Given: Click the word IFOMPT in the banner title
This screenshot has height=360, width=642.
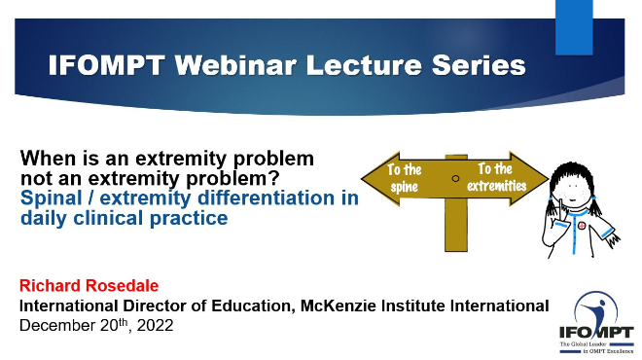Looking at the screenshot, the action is pyautogui.click(x=106, y=65).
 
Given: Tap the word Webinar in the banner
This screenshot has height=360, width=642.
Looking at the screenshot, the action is pyautogui.click(x=235, y=65).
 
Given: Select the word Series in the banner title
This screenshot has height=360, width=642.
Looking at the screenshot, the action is pyautogui.click(x=479, y=65).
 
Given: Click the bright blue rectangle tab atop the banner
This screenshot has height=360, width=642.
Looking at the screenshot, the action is pyautogui.click(x=574, y=27).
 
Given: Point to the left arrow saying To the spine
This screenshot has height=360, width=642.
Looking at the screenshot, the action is pyautogui.click(x=404, y=179).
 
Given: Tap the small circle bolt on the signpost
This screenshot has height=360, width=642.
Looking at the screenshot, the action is pyautogui.click(x=455, y=178).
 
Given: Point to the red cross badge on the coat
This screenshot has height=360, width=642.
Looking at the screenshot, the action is pyautogui.click(x=581, y=226).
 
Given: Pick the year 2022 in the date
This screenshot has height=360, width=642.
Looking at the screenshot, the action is pyautogui.click(x=156, y=325).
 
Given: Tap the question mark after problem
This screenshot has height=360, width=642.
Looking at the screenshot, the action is pyautogui.click(x=274, y=178).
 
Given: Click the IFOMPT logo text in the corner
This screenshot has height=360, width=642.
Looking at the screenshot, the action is pyautogui.click(x=596, y=332).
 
